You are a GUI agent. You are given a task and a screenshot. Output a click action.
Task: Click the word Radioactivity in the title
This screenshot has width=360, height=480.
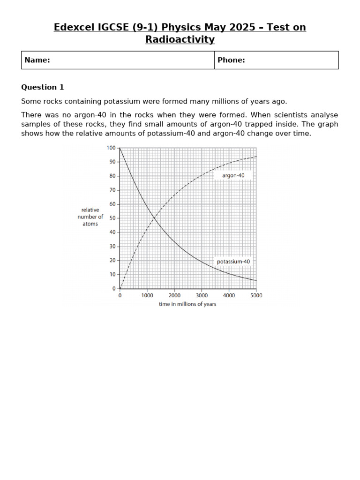pos(180,39)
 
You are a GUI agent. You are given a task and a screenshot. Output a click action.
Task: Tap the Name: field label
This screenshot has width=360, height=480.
pos(37,60)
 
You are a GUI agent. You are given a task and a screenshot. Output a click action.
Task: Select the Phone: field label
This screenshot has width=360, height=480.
pos(231,60)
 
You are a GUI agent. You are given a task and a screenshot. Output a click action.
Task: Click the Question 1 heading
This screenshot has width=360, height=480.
pos(43,87)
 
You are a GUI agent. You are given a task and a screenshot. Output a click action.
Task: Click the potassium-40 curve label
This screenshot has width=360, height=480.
pos(233,261)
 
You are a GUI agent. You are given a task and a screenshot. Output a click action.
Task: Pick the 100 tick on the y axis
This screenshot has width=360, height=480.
pos(111,148)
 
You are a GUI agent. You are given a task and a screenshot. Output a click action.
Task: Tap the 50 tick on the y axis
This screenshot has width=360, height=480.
pos(112,218)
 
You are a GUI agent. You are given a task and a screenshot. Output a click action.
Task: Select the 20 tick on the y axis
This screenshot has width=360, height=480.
pos(112,261)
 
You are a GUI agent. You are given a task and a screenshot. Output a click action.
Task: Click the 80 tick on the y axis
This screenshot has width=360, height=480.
pos(112,176)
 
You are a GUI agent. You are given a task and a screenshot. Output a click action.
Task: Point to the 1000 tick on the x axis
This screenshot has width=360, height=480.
pos(147,296)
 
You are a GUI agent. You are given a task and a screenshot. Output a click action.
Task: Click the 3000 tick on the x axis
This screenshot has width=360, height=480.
pos(202,296)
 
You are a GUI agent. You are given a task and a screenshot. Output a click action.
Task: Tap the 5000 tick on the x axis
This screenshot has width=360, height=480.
pos(256,296)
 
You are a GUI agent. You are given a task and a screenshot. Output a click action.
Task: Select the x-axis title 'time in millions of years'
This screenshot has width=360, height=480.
pos(187,304)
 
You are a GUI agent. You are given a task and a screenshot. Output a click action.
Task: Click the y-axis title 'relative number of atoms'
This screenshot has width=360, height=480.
pos(90,217)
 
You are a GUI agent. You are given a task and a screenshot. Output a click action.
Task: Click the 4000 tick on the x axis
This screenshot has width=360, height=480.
pos(229,296)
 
